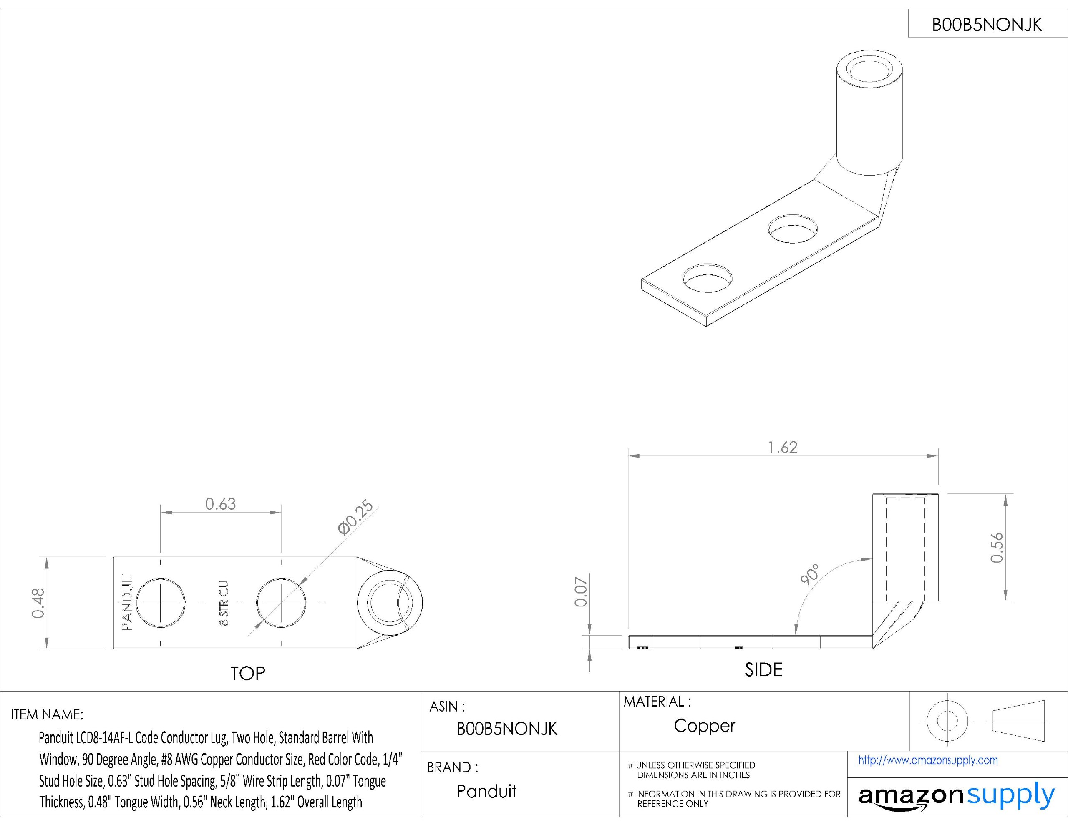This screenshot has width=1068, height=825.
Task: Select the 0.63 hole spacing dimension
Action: pos(221,504)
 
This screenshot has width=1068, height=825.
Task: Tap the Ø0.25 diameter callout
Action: pos(355,518)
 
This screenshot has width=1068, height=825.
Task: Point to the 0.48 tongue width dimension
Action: pos(38,603)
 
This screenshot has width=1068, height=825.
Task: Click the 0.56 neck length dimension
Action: pos(997,547)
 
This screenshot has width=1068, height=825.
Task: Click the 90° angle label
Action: pos(810,575)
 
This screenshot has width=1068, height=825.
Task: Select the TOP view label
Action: pos(247,674)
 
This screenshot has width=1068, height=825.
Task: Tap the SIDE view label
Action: pos(763,669)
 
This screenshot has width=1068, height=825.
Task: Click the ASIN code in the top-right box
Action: pos(987,25)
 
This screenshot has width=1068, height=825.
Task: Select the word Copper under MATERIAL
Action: pos(704,726)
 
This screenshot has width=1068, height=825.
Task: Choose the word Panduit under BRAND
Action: pos(486,791)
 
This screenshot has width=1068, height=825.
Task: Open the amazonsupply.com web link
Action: pos(928,760)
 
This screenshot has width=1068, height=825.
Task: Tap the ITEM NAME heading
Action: pos(47,715)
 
